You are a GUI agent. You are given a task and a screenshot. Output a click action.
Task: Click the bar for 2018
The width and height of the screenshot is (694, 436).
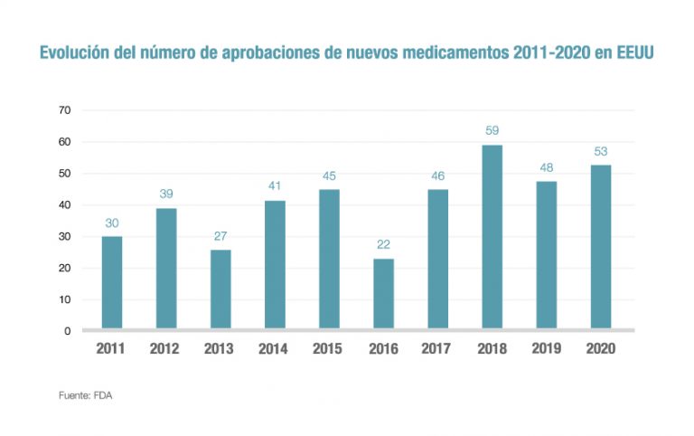tap(492, 236)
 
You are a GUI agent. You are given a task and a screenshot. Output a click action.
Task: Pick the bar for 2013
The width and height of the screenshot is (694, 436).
tap(220, 289)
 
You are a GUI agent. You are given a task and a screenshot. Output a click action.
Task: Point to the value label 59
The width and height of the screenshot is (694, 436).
tap(492, 131)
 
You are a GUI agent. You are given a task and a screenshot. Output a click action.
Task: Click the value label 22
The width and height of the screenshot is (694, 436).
tap(383, 244)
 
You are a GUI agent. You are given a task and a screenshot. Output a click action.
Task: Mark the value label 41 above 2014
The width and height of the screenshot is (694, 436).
tap(275, 185)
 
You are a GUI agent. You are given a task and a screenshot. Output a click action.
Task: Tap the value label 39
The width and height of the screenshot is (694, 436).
tap(166, 194)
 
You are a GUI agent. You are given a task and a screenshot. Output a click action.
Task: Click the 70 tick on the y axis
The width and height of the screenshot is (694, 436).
tap(64, 110)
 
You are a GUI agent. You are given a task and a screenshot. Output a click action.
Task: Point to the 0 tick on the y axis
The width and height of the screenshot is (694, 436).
tap(68, 331)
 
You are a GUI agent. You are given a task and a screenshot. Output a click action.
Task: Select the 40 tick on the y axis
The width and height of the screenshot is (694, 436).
tap(64, 205)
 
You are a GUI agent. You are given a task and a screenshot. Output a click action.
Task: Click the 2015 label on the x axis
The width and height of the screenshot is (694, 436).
tap(329, 349)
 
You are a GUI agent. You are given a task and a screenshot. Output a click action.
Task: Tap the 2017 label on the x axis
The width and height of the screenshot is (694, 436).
tap(437, 349)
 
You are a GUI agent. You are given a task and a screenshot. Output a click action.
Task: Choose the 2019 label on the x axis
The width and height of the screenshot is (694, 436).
tap(547, 349)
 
